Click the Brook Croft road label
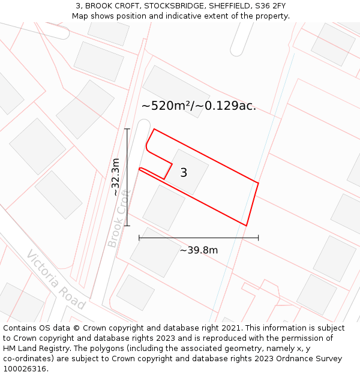click(x=119, y=219)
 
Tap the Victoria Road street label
click(x=56, y=280)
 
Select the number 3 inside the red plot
click(x=184, y=173)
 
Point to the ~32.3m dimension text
click(x=116, y=177)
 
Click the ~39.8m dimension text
click(x=199, y=250)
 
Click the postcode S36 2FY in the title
click(x=269, y=6)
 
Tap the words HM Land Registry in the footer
click(x=34, y=349)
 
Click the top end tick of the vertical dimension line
click(x=127, y=129)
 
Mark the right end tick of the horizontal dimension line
click(x=259, y=238)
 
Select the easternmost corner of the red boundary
click(x=259, y=182)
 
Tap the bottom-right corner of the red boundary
click(x=246, y=226)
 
